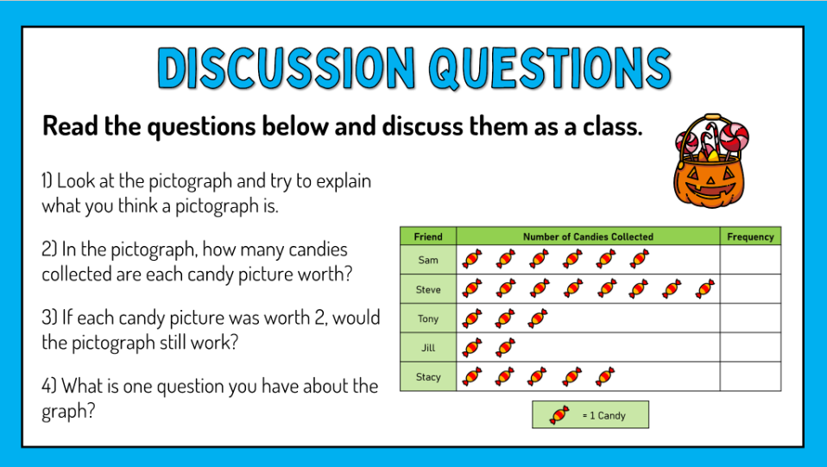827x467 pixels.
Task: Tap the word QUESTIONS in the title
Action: (549, 67)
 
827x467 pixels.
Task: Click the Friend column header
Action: (428, 237)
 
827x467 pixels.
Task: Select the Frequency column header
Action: (750, 237)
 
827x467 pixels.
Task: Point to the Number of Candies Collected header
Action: (588, 237)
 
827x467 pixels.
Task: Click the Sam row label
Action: (428, 260)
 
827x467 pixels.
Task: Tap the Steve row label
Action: (428, 289)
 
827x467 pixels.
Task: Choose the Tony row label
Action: (428, 319)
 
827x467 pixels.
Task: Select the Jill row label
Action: (428, 348)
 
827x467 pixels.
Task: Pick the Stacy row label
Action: (428, 377)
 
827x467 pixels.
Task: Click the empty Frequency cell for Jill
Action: (750, 348)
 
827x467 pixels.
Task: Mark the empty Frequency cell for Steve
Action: (750, 289)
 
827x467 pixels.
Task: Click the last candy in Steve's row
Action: (705, 289)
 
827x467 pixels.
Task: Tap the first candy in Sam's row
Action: (471, 259)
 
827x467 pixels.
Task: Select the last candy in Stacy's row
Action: (605, 376)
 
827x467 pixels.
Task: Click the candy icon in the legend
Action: (559, 415)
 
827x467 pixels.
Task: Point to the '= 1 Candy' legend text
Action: (603, 416)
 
